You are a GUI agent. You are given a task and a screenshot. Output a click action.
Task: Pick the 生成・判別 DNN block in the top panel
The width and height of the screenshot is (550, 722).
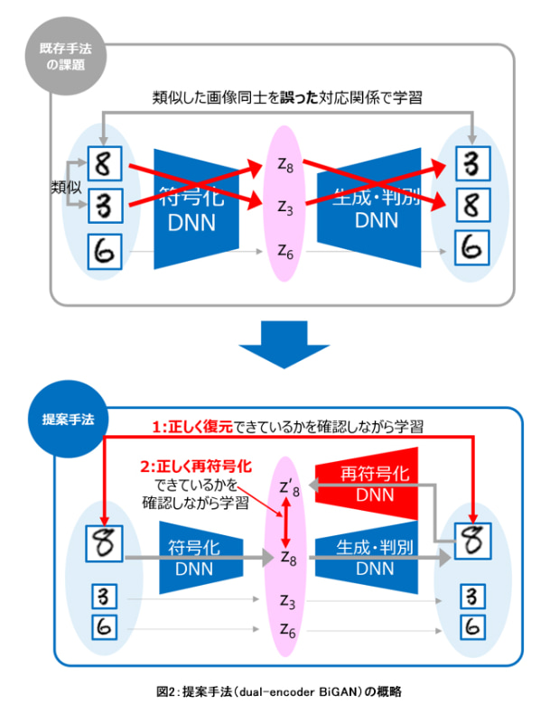pyautogui.click(x=372, y=206)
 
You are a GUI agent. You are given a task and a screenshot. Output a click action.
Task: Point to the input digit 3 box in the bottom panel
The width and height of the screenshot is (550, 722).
pyautogui.click(x=103, y=597)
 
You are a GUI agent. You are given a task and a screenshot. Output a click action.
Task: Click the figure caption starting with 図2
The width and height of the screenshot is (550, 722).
pyautogui.click(x=275, y=691)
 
